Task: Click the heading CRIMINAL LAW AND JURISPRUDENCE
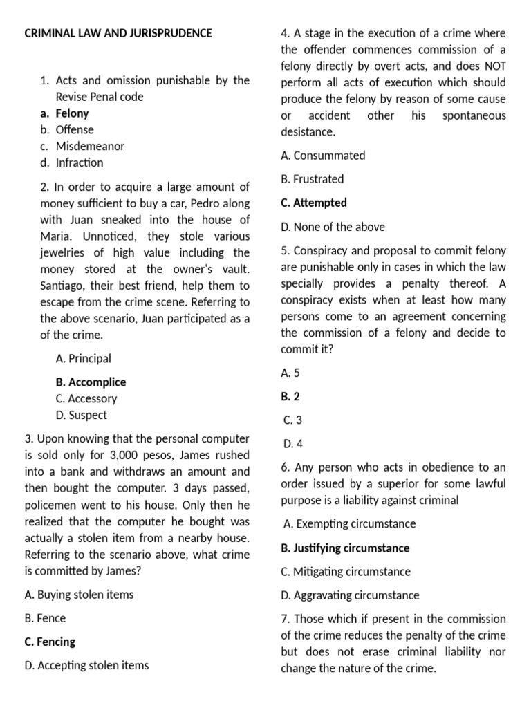118,33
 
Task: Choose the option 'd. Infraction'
71,163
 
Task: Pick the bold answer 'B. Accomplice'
91,382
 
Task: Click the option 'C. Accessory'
86,399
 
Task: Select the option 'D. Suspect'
82,416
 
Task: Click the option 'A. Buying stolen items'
79,595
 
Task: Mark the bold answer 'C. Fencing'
50,642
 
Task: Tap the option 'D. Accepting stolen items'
86,666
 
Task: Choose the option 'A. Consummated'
323,156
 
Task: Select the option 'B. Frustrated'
312,179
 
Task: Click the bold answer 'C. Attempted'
314,203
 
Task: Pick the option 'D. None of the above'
333,227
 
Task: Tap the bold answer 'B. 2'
290,397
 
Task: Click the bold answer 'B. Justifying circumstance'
345,548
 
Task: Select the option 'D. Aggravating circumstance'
350,595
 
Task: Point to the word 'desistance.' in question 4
308,131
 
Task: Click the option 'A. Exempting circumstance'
349,524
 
